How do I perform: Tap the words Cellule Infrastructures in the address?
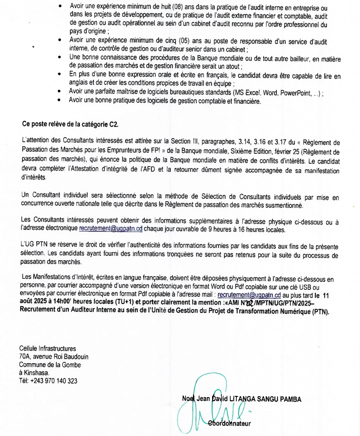pos(48,348)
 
